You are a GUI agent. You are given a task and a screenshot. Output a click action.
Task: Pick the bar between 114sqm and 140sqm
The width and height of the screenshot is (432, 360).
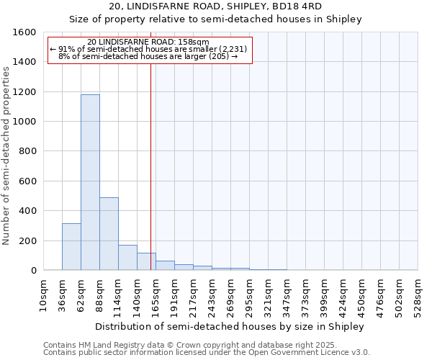click(127, 257)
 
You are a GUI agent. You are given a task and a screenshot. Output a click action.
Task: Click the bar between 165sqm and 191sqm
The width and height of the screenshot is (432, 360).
click(165, 265)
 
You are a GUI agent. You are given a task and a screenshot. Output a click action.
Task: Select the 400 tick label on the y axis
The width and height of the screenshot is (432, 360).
click(27, 211)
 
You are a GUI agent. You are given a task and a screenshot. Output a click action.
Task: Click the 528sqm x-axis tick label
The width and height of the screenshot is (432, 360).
click(418, 295)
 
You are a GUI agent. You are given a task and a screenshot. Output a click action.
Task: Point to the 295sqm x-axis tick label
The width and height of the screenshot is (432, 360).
click(249, 295)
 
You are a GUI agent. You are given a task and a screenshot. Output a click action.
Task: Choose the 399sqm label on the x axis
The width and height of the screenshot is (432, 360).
click(324, 295)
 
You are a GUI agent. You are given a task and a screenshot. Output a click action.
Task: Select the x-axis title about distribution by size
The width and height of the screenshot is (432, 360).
click(230, 326)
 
